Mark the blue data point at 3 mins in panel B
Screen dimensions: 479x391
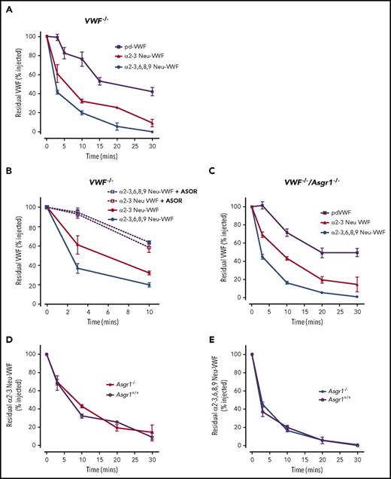coord(77,268)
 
